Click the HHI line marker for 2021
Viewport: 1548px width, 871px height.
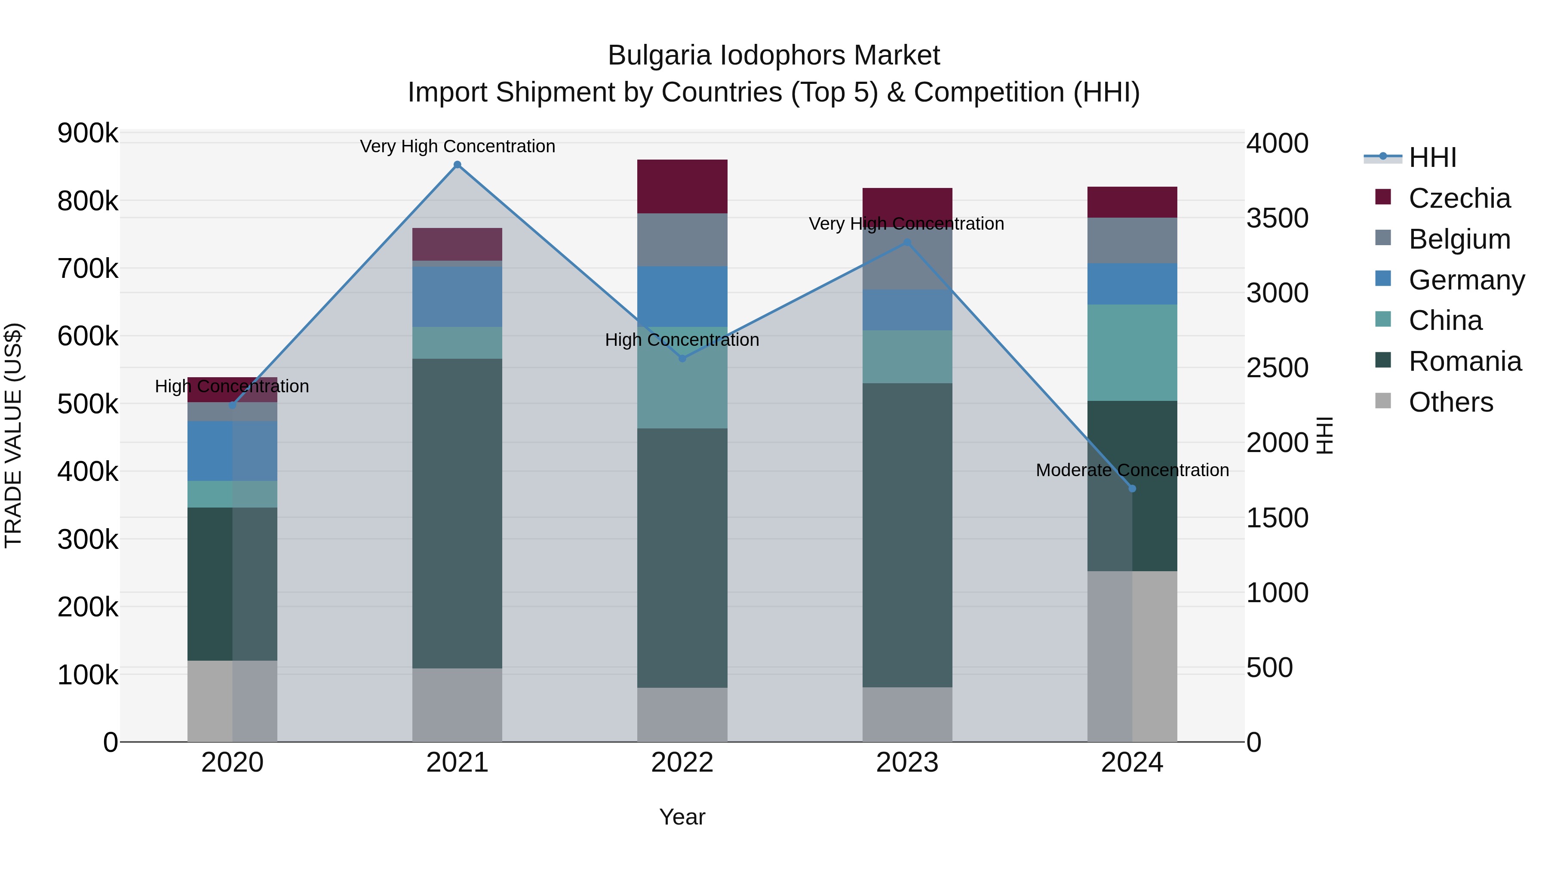point(458,165)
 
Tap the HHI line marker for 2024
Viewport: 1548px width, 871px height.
point(1132,489)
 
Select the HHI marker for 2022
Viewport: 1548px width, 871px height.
point(682,359)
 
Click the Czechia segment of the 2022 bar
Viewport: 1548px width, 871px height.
point(682,186)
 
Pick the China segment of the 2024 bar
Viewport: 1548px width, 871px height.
point(1132,353)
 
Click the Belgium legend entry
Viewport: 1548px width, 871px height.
point(1459,239)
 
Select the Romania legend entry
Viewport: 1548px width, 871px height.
point(1465,361)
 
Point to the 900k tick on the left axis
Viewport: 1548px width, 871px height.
point(88,133)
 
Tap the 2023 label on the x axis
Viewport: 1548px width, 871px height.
point(907,763)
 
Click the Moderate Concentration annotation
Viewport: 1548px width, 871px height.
point(1132,470)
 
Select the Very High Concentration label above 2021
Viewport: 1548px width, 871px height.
point(458,146)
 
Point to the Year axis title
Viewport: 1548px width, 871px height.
point(682,817)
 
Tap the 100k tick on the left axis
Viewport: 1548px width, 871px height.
point(88,675)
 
